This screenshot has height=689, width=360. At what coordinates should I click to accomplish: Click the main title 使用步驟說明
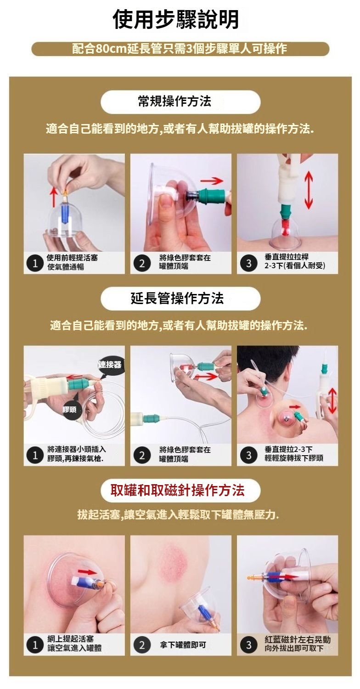(176, 19)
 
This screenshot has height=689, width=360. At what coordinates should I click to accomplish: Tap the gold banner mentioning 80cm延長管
(180, 49)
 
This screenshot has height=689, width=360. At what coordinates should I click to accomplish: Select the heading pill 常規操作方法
(180, 102)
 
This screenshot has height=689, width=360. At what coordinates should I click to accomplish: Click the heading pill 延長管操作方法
(180, 299)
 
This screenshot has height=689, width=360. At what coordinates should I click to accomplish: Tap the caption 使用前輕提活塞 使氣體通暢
(72, 262)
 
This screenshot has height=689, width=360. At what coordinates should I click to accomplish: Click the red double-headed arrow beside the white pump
(309, 189)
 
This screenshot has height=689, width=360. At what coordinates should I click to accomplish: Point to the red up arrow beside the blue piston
(54, 196)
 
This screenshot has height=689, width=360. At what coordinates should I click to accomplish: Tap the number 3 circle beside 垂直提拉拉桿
(249, 263)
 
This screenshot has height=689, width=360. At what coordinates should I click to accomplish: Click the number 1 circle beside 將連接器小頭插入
(35, 455)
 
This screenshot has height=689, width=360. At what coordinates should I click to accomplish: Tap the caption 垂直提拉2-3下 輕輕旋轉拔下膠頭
(294, 454)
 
